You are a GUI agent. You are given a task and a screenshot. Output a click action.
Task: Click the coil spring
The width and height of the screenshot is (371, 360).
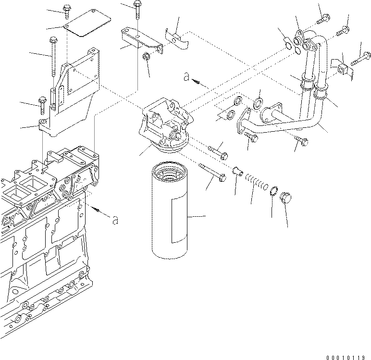[258, 182]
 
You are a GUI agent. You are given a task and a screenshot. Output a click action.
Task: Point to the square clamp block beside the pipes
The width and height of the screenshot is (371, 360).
[344, 70]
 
